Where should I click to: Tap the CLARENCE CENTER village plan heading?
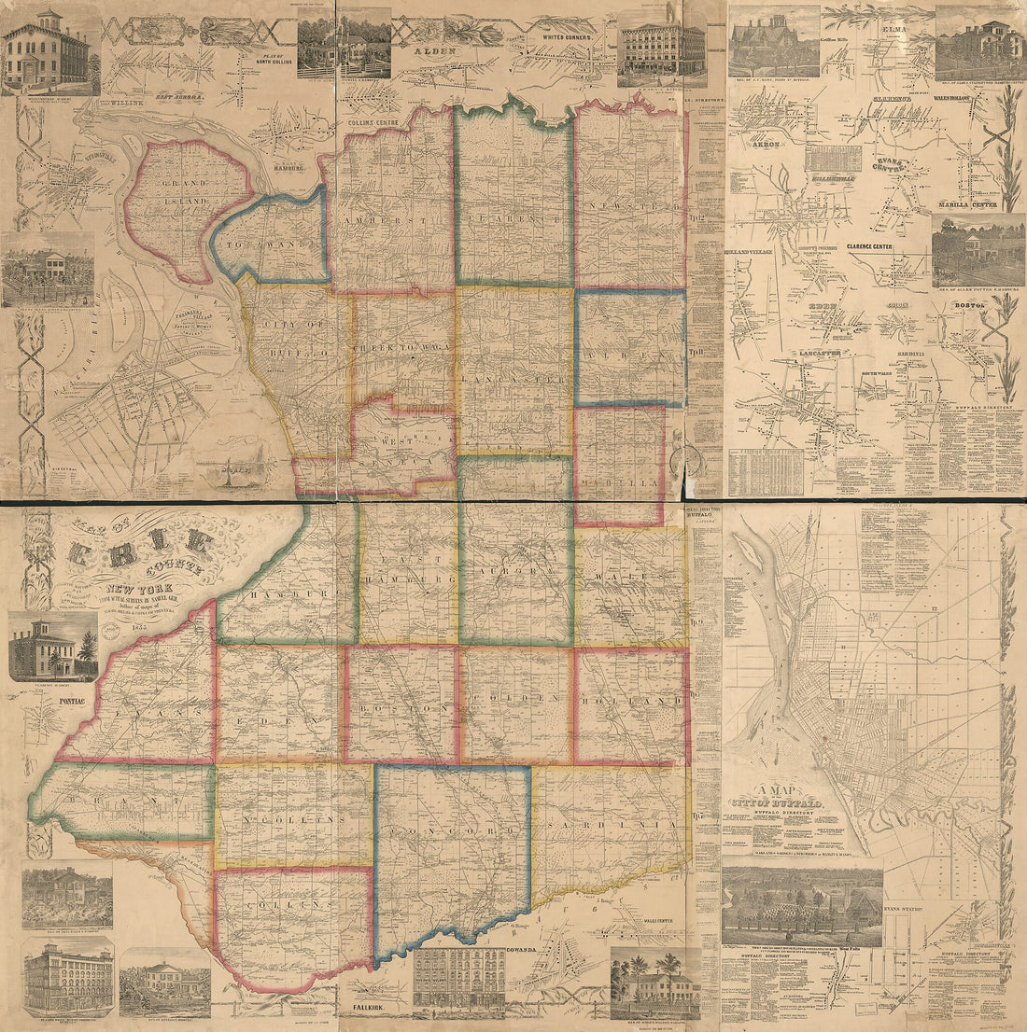(x=869, y=246)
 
